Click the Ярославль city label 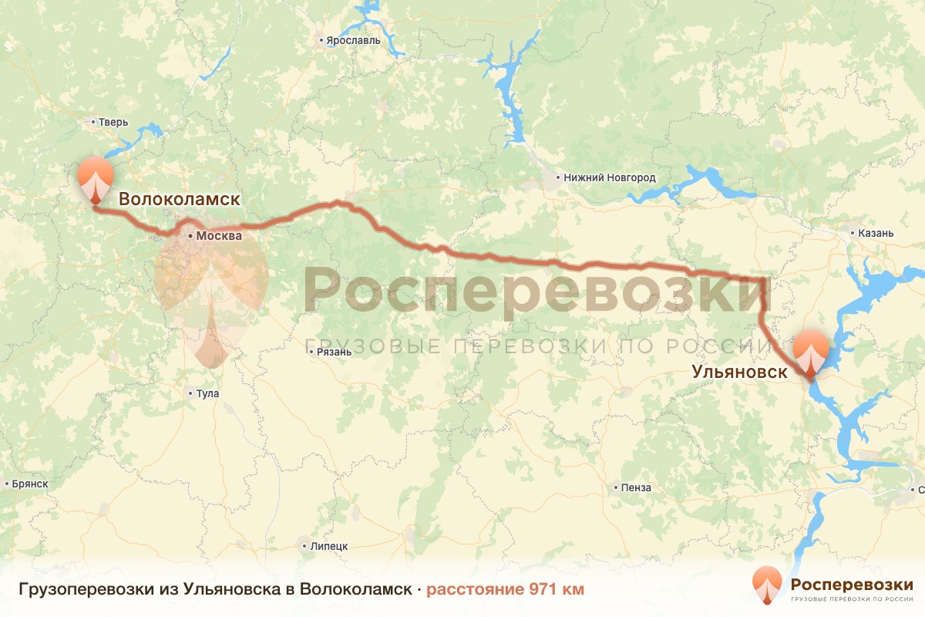point(355,40)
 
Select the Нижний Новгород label point(609,178)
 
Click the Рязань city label point(334,352)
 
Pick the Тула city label point(208,393)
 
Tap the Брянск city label point(31,484)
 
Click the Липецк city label point(329,546)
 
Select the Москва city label point(219,236)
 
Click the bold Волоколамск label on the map point(179,199)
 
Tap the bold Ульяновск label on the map point(739,372)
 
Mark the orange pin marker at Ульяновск point(810,352)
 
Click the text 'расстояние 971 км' point(505,589)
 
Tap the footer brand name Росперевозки point(851,584)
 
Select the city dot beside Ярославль point(322,40)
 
